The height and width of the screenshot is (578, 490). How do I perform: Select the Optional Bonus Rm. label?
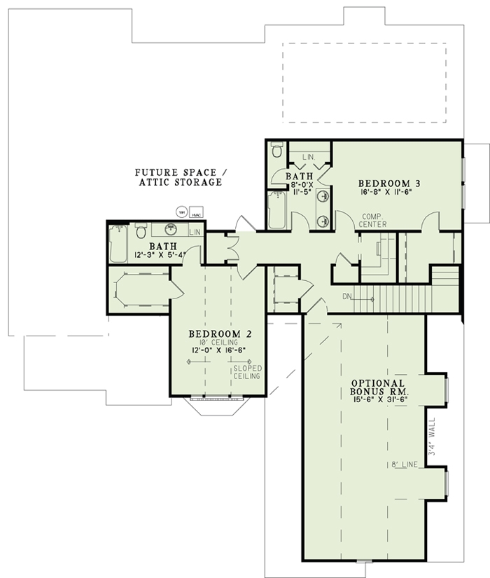[x=377, y=388]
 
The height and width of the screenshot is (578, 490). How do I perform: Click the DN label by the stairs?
[x=346, y=296]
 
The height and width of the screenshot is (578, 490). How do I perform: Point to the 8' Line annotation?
[x=405, y=465]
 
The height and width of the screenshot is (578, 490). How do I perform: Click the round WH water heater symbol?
[x=181, y=211]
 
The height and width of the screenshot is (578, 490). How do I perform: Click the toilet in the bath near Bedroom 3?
[x=277, y=150]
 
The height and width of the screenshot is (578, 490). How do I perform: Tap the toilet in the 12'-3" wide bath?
[x=141, y=230]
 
